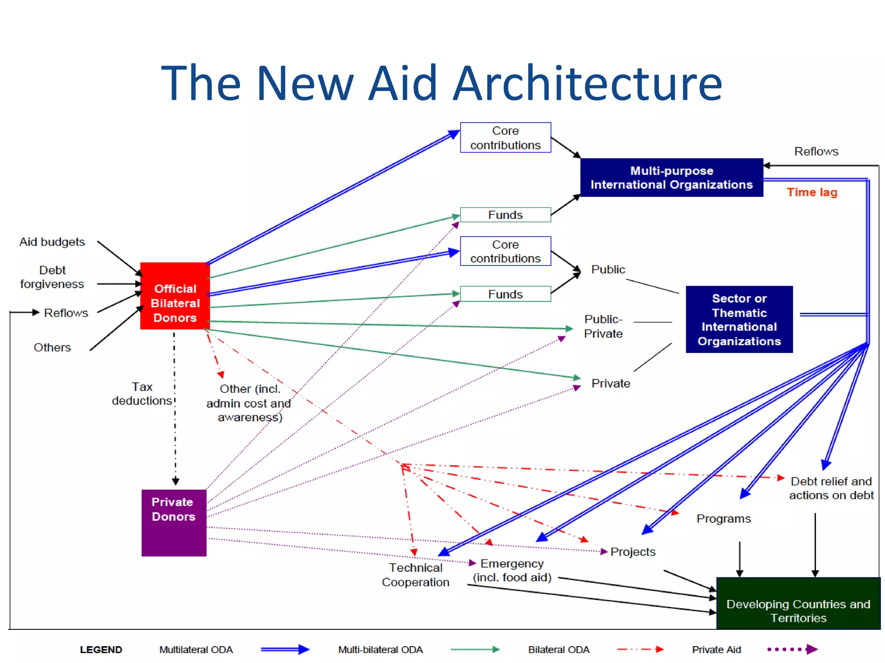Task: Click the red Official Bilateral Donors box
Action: point(175,296)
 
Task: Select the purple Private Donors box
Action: point(174,522)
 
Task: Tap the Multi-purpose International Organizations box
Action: point(672,177)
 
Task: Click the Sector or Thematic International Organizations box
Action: point(739,319)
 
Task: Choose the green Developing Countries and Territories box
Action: point(798,603)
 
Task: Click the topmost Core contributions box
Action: point(505,138)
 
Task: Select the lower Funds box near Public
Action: point(505,294)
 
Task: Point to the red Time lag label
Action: point(812,192)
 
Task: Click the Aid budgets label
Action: point(52,242)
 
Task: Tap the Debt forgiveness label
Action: point(52,277)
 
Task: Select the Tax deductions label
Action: point(142,394)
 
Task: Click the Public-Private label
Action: point(603,326)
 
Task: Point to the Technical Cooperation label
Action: point(416,575)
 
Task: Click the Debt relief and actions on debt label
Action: point(831,488)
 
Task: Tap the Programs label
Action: point(723,518)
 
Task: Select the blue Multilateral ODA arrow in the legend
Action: point(285,650)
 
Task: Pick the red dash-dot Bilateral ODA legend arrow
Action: point(640,649)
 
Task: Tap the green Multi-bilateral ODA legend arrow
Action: point(474,650)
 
